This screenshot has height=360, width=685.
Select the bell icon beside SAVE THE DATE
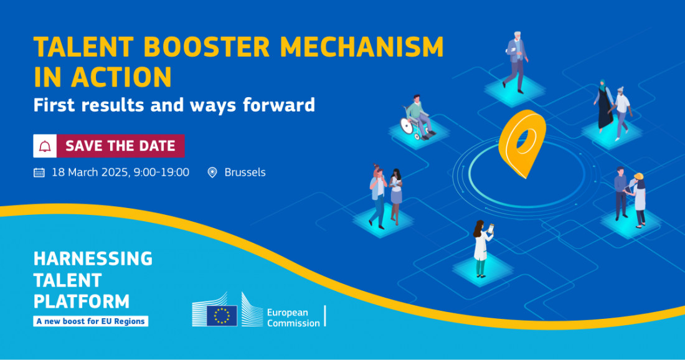pyautogui.click(x=45, y=146)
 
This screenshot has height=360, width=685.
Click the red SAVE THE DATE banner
pyautogui.click(x=120, y=146)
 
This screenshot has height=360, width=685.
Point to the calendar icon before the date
pyautogui.click(x=39, y=173)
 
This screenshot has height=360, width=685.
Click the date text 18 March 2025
pyautogui.click(x=90, y=173)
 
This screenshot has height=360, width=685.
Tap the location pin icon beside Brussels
pyautogui.click(x=212, y=173)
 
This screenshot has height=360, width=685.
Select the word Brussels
pyautogui.click(x=245, y=173)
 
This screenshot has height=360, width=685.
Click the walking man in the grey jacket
pyautogui.click(x=516, y=60)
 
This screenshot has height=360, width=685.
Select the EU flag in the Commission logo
pyautogui.click(x=222, y=315)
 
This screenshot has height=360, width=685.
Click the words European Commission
pyautogui.click(x=293, y=316)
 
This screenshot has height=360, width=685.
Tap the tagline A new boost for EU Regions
pyautogui.click(x=91, y=321)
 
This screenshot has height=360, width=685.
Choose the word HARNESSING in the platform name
pyautogui.click(x=93, y=258)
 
